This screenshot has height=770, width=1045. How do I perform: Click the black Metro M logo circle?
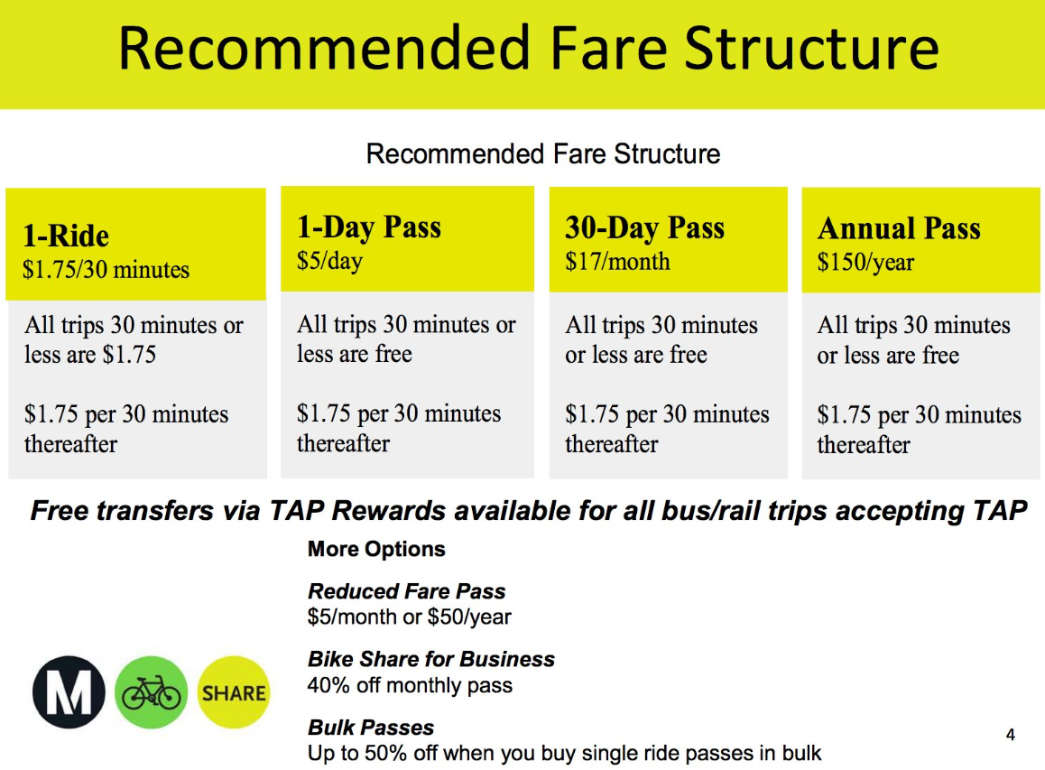[69, 692]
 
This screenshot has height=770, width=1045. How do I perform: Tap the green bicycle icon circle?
[152, 692]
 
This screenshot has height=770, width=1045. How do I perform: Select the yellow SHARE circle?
[233, 692]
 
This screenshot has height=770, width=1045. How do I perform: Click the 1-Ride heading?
[66, 236]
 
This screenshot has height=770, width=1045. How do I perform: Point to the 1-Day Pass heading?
[368, 227]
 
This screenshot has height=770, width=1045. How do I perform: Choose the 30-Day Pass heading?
[644, 228]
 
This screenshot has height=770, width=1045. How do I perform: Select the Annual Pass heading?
[899, 228]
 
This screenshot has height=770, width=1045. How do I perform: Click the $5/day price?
[330, 261]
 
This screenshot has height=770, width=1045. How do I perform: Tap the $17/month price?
[617, 262]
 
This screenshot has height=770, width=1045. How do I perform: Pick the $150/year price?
[865, 263]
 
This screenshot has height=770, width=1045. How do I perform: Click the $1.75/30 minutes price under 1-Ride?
[106, 270]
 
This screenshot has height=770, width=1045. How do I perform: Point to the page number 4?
[1011, 735]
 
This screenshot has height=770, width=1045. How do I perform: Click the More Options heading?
[376, 549]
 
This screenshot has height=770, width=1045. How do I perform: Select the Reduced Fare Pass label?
[406, 591]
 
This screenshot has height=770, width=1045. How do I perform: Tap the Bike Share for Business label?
[431, 659]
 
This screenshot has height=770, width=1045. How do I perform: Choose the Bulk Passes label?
[371, 728]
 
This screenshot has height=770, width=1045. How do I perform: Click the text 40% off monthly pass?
[410, 685]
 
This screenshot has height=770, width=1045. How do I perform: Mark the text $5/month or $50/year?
[409, 617]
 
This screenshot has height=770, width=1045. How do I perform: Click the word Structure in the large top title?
[812, 49]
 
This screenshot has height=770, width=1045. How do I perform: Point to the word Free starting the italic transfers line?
[60, 511]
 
